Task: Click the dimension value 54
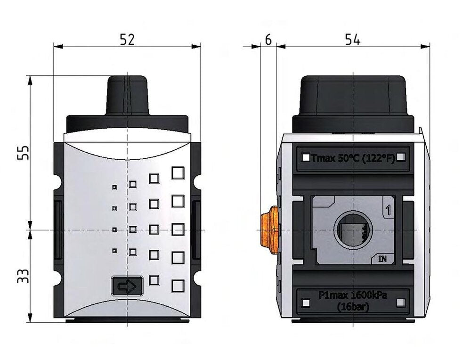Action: [x=352, y=40]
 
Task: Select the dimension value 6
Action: [x=268, y=40]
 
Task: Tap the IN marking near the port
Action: [x=383, y=259]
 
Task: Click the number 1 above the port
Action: [x=388, y=210]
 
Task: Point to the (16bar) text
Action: [x=353, y=307]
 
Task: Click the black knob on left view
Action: [x=128, y=97]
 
